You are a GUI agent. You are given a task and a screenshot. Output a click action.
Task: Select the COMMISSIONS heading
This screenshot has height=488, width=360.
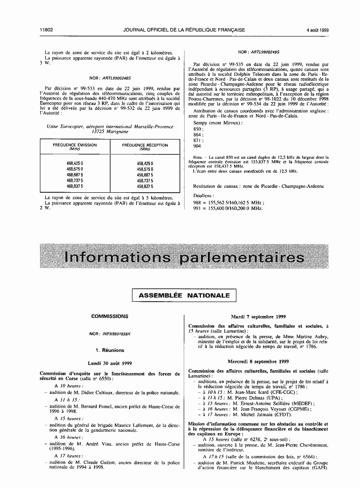[109, 316]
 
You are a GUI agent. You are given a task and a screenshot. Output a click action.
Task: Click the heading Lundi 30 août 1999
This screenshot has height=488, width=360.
[109, 362]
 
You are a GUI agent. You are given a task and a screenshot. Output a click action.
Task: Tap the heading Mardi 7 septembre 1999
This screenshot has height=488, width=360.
[259, 316]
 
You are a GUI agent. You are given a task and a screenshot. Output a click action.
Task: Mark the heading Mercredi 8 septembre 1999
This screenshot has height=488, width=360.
[259, 361]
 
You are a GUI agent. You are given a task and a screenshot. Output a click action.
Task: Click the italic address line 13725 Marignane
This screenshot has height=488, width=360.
[109, 132]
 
